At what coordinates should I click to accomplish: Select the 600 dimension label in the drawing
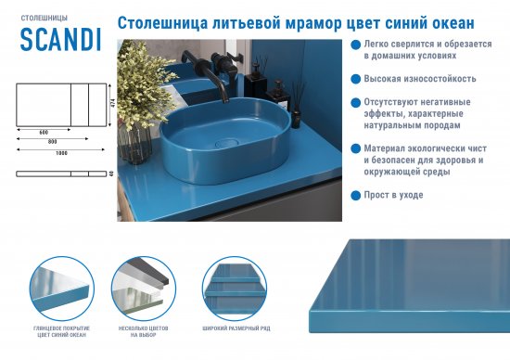click(x=44, y=132)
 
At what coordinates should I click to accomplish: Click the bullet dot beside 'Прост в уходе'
click(x=355, y=196)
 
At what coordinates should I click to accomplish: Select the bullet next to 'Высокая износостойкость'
click(x=355, y=79)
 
